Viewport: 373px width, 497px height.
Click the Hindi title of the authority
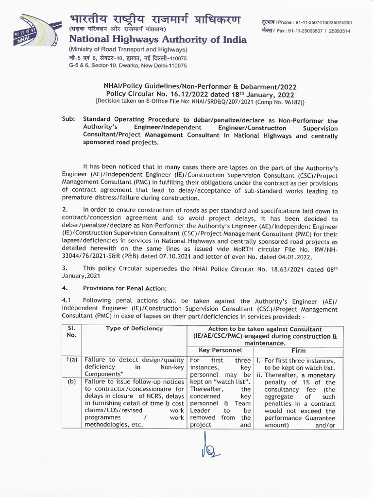(x=154, y=20)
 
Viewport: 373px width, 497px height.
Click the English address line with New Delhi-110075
(x=128, y=65)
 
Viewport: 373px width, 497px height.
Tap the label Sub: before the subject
(x=68, y=121)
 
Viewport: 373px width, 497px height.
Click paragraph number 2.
(x=65, y=211)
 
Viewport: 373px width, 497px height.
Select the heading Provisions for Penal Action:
(x=119, y=288)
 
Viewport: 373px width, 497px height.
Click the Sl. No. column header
(x=71, y=332)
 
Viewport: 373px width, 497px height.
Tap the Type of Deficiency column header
(x=135, y=329)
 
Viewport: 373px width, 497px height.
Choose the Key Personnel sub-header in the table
(x=220, y=350)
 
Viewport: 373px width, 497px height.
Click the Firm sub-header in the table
(x=298, y=350)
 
